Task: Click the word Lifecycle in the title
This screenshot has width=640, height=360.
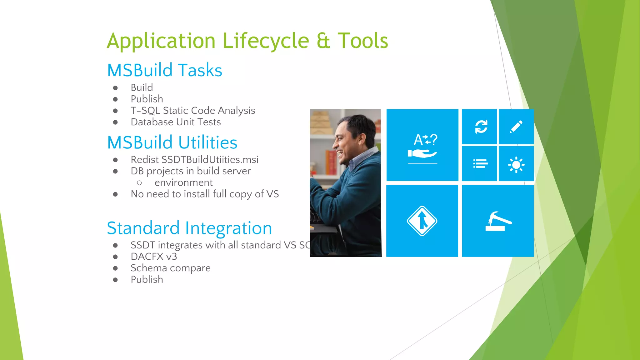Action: tap(266, 41)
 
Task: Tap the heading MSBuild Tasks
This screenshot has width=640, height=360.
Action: tap(165, 70)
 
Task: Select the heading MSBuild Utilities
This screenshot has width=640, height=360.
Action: tap(172, 142)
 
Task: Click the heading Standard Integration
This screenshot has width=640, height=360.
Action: tap(189, 228)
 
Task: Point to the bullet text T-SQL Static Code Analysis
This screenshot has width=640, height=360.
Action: tap(193, 110)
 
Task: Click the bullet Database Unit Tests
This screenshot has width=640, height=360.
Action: tap(176, 122)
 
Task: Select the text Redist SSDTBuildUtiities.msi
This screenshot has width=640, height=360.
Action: tap(194, 159)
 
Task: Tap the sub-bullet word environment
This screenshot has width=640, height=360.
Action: tap(183, 182)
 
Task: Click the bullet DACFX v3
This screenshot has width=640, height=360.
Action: tap(154, 257)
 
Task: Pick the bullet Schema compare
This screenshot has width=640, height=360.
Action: tap(171, 268)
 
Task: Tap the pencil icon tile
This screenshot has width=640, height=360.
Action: tap(516, 127)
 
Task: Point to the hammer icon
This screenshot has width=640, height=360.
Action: tap(498, 221)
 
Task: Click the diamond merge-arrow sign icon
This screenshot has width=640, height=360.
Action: tap(422, 221)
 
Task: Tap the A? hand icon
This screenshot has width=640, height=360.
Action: tap(422, 146)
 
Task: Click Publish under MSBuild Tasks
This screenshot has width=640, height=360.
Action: tap(147, 99)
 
